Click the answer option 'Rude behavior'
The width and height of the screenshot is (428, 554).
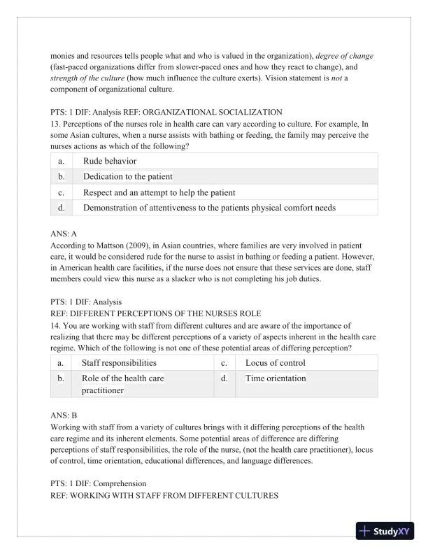click(110, 161)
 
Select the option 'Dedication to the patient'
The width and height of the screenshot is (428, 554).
click(127, 176)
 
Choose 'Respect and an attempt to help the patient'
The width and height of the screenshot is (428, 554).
click(159, 192)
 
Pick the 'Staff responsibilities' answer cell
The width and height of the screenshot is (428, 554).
click(119, 362)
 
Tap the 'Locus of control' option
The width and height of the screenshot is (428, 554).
click(275, 362)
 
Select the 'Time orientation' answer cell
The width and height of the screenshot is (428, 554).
click(276, 378)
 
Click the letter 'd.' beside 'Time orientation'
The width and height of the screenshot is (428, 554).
click(224, 378)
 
